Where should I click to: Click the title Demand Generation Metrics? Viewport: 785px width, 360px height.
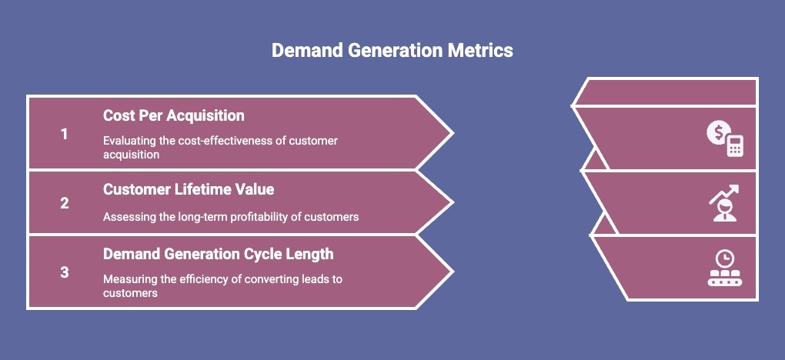pyautogui.click(x=392, y=51)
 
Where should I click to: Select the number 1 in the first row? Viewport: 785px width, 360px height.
pyautogui.click(x=65, y=134)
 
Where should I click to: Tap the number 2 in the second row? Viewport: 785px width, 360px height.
pyautogui.click(x=65, y=203)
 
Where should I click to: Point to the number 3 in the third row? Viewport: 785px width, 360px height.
pyautogui.click(x=65, y=272)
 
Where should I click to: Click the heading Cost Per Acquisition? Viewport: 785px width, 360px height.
pyautogui.click(x=174, y=115)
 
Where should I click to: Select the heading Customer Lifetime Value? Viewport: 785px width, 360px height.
pyautogui.click(x=189, y=189)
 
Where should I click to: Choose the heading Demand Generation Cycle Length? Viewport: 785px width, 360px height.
pyautogui.click(x=218, y=254)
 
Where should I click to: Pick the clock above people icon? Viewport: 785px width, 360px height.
pyautogui.click(x=724, y=268)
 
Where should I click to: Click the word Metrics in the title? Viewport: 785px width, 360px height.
pyautogui.click(x=480, y=51)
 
